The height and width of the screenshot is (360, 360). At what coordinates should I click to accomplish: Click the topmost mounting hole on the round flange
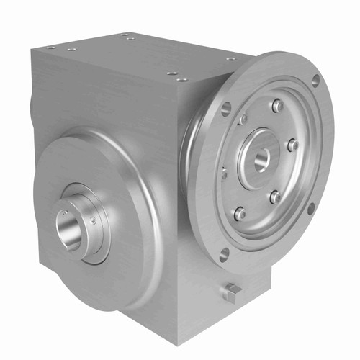point(315,81)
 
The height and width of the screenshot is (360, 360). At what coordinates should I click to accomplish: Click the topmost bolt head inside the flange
point(277,107)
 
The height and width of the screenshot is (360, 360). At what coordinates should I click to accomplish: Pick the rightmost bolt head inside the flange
point(292,145)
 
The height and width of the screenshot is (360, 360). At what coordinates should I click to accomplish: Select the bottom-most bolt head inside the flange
point(240,213)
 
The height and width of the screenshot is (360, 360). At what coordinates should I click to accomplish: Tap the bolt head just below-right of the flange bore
point(274,196)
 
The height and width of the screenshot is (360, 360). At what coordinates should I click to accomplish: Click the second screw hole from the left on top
point(72,49)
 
